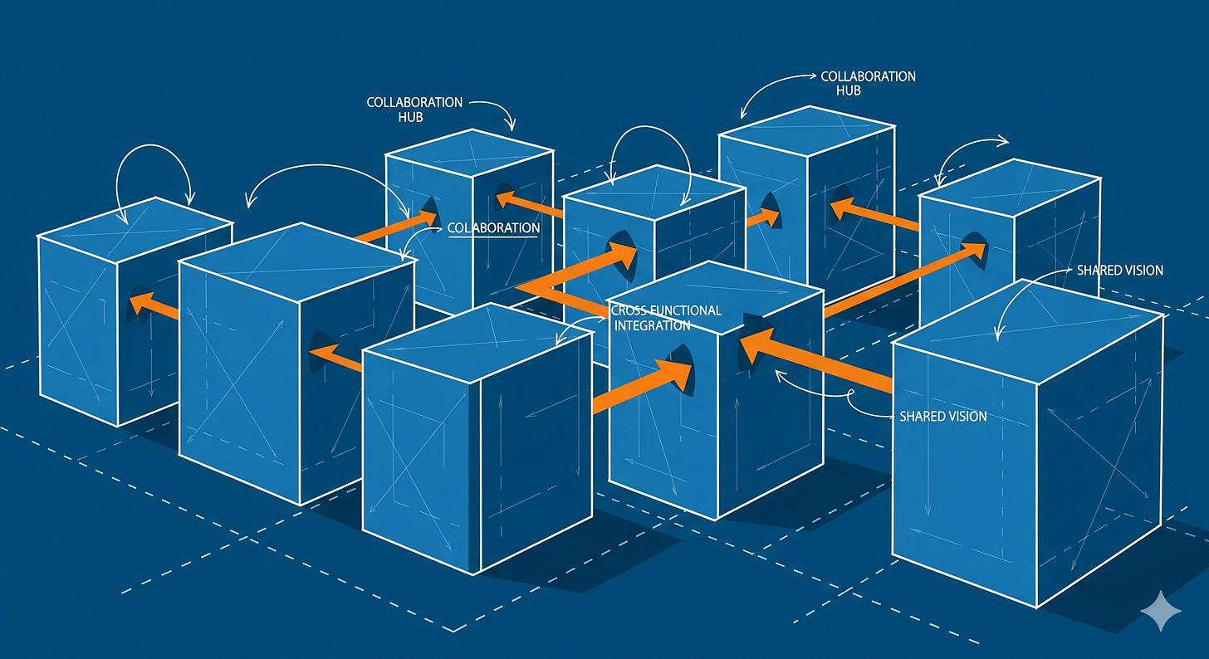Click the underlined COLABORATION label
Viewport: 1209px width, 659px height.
click(x=492, y=227)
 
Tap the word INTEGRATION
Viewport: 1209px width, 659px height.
click(x=652, y=325)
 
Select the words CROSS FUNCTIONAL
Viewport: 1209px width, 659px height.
click(x=665, y=310)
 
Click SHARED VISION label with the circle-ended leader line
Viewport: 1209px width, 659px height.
click(x=943, y=416)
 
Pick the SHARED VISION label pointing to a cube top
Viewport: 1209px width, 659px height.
click(x=1119, y=271)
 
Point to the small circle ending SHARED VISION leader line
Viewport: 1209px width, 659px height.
click(x=851, y=393)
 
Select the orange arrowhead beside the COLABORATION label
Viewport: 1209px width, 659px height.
click(x=425, y=218)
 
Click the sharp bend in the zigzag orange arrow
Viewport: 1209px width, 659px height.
click(x=523, y=287)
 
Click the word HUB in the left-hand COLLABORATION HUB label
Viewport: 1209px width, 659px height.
click(x=409, y=117)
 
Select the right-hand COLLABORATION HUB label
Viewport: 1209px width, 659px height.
click(x=867, y=82)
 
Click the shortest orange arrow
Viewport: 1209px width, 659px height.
click(x=763, y=219)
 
